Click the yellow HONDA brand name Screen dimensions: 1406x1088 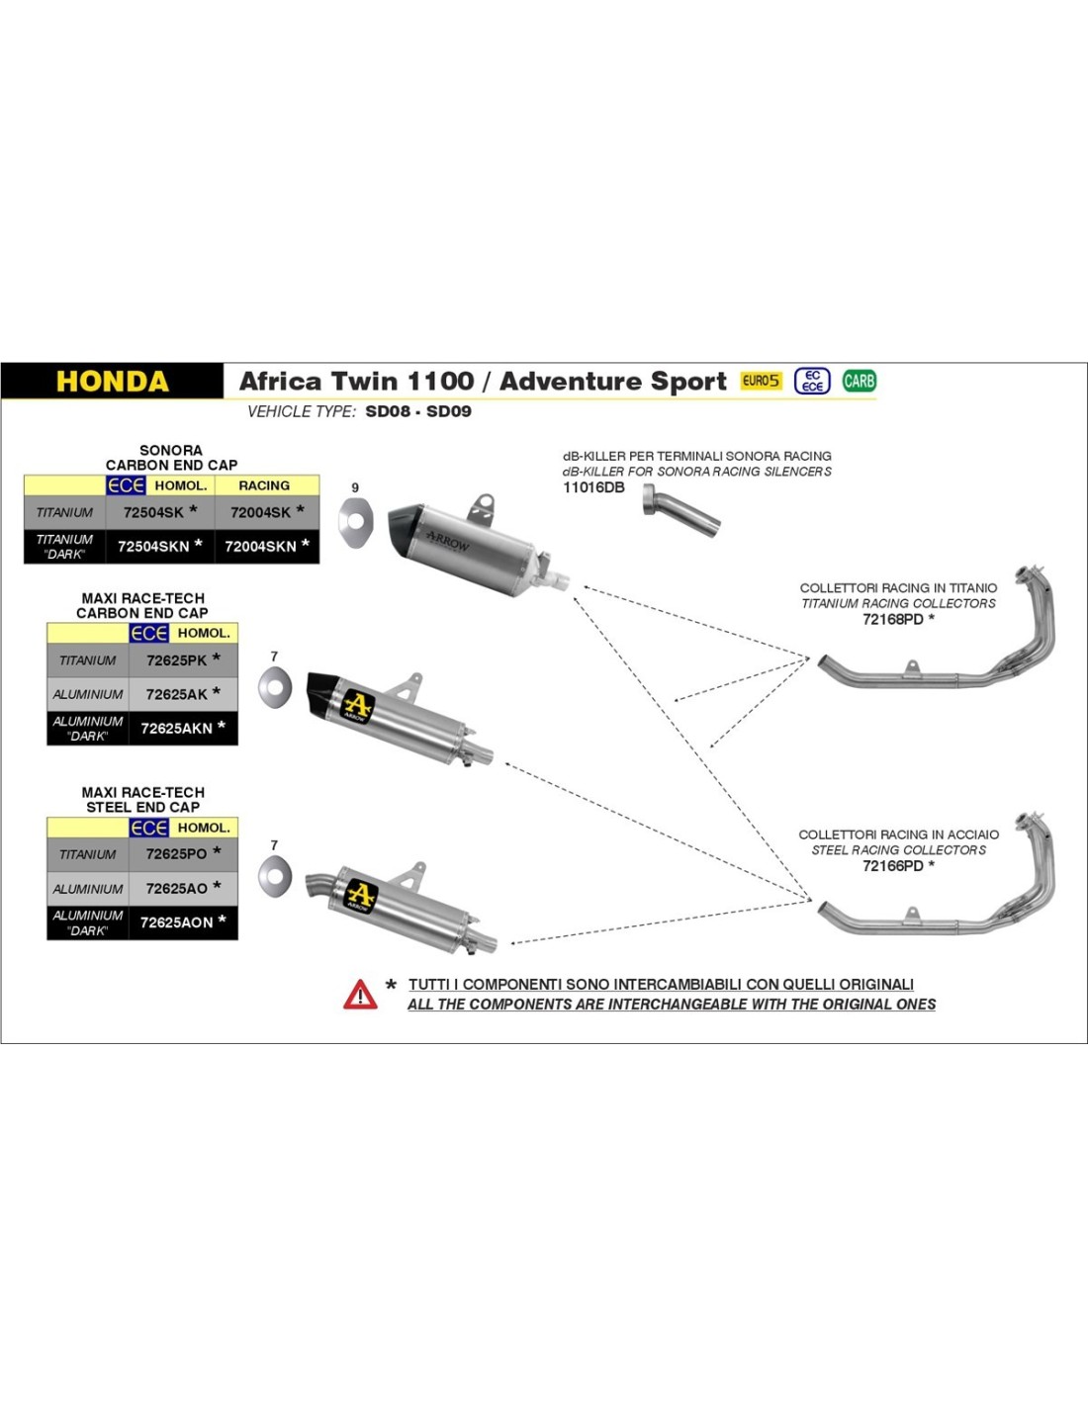pyautogui.click(x=113, y=382)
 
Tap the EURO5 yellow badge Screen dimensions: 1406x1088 pyautogui.click(x=761, y=381)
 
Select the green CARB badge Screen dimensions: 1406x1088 pyautogui.click(x=859, y=381)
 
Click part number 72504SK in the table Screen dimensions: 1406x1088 pyautogui.click(x=153, y=512)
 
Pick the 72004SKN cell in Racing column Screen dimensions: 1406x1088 pyautogui.click(x=260, y=546)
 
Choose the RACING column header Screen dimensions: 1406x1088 pyautogui.click(x=264, y=485)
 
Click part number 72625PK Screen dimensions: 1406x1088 pyautogui.click(x=176, y=660)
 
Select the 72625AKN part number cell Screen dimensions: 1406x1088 pyautogui.click(x=176, y=728)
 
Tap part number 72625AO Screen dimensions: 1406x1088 pyautogui.click(x=176, y=888)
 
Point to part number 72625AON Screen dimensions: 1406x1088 pyautogui.click(x=176, y=923)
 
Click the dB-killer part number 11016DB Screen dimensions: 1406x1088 pyautogui.click(x=593, y=487)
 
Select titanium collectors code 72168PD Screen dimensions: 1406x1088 pyautogui.click(x=892, y=619)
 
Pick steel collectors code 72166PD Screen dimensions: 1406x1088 pyautogui.click(x=892, y=866)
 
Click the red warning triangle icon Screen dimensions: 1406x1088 pyautogui.click(x=360, y=994)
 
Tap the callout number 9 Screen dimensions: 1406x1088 pyautogui.click(x=355, y=487)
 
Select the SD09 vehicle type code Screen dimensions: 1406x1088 pyautogui.click(x=449, y=411)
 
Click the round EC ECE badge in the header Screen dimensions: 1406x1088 pyautogui.click(x=812, y=381)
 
